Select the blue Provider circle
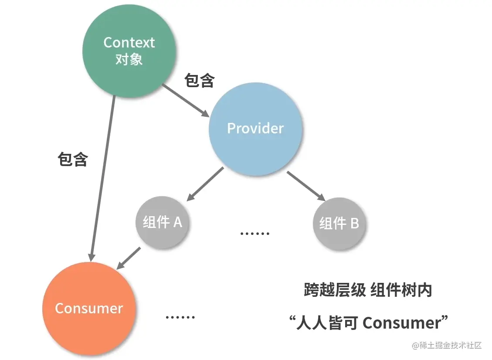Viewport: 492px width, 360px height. pos(255,128)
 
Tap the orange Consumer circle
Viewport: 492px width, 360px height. pos(89,308)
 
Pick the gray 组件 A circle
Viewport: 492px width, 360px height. pos(163,222)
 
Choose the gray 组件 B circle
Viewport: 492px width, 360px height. pos(339,223)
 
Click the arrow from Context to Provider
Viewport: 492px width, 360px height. pos(186,101)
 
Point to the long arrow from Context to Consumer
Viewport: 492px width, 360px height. pos(103,174)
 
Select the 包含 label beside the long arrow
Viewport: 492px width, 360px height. pos(73,160)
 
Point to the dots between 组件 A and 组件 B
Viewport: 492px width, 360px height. pos(255,233)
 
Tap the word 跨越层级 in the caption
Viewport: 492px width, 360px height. pos(334,290)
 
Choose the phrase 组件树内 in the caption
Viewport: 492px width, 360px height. pos(401,290)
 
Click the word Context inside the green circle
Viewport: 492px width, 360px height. pos(129,43)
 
